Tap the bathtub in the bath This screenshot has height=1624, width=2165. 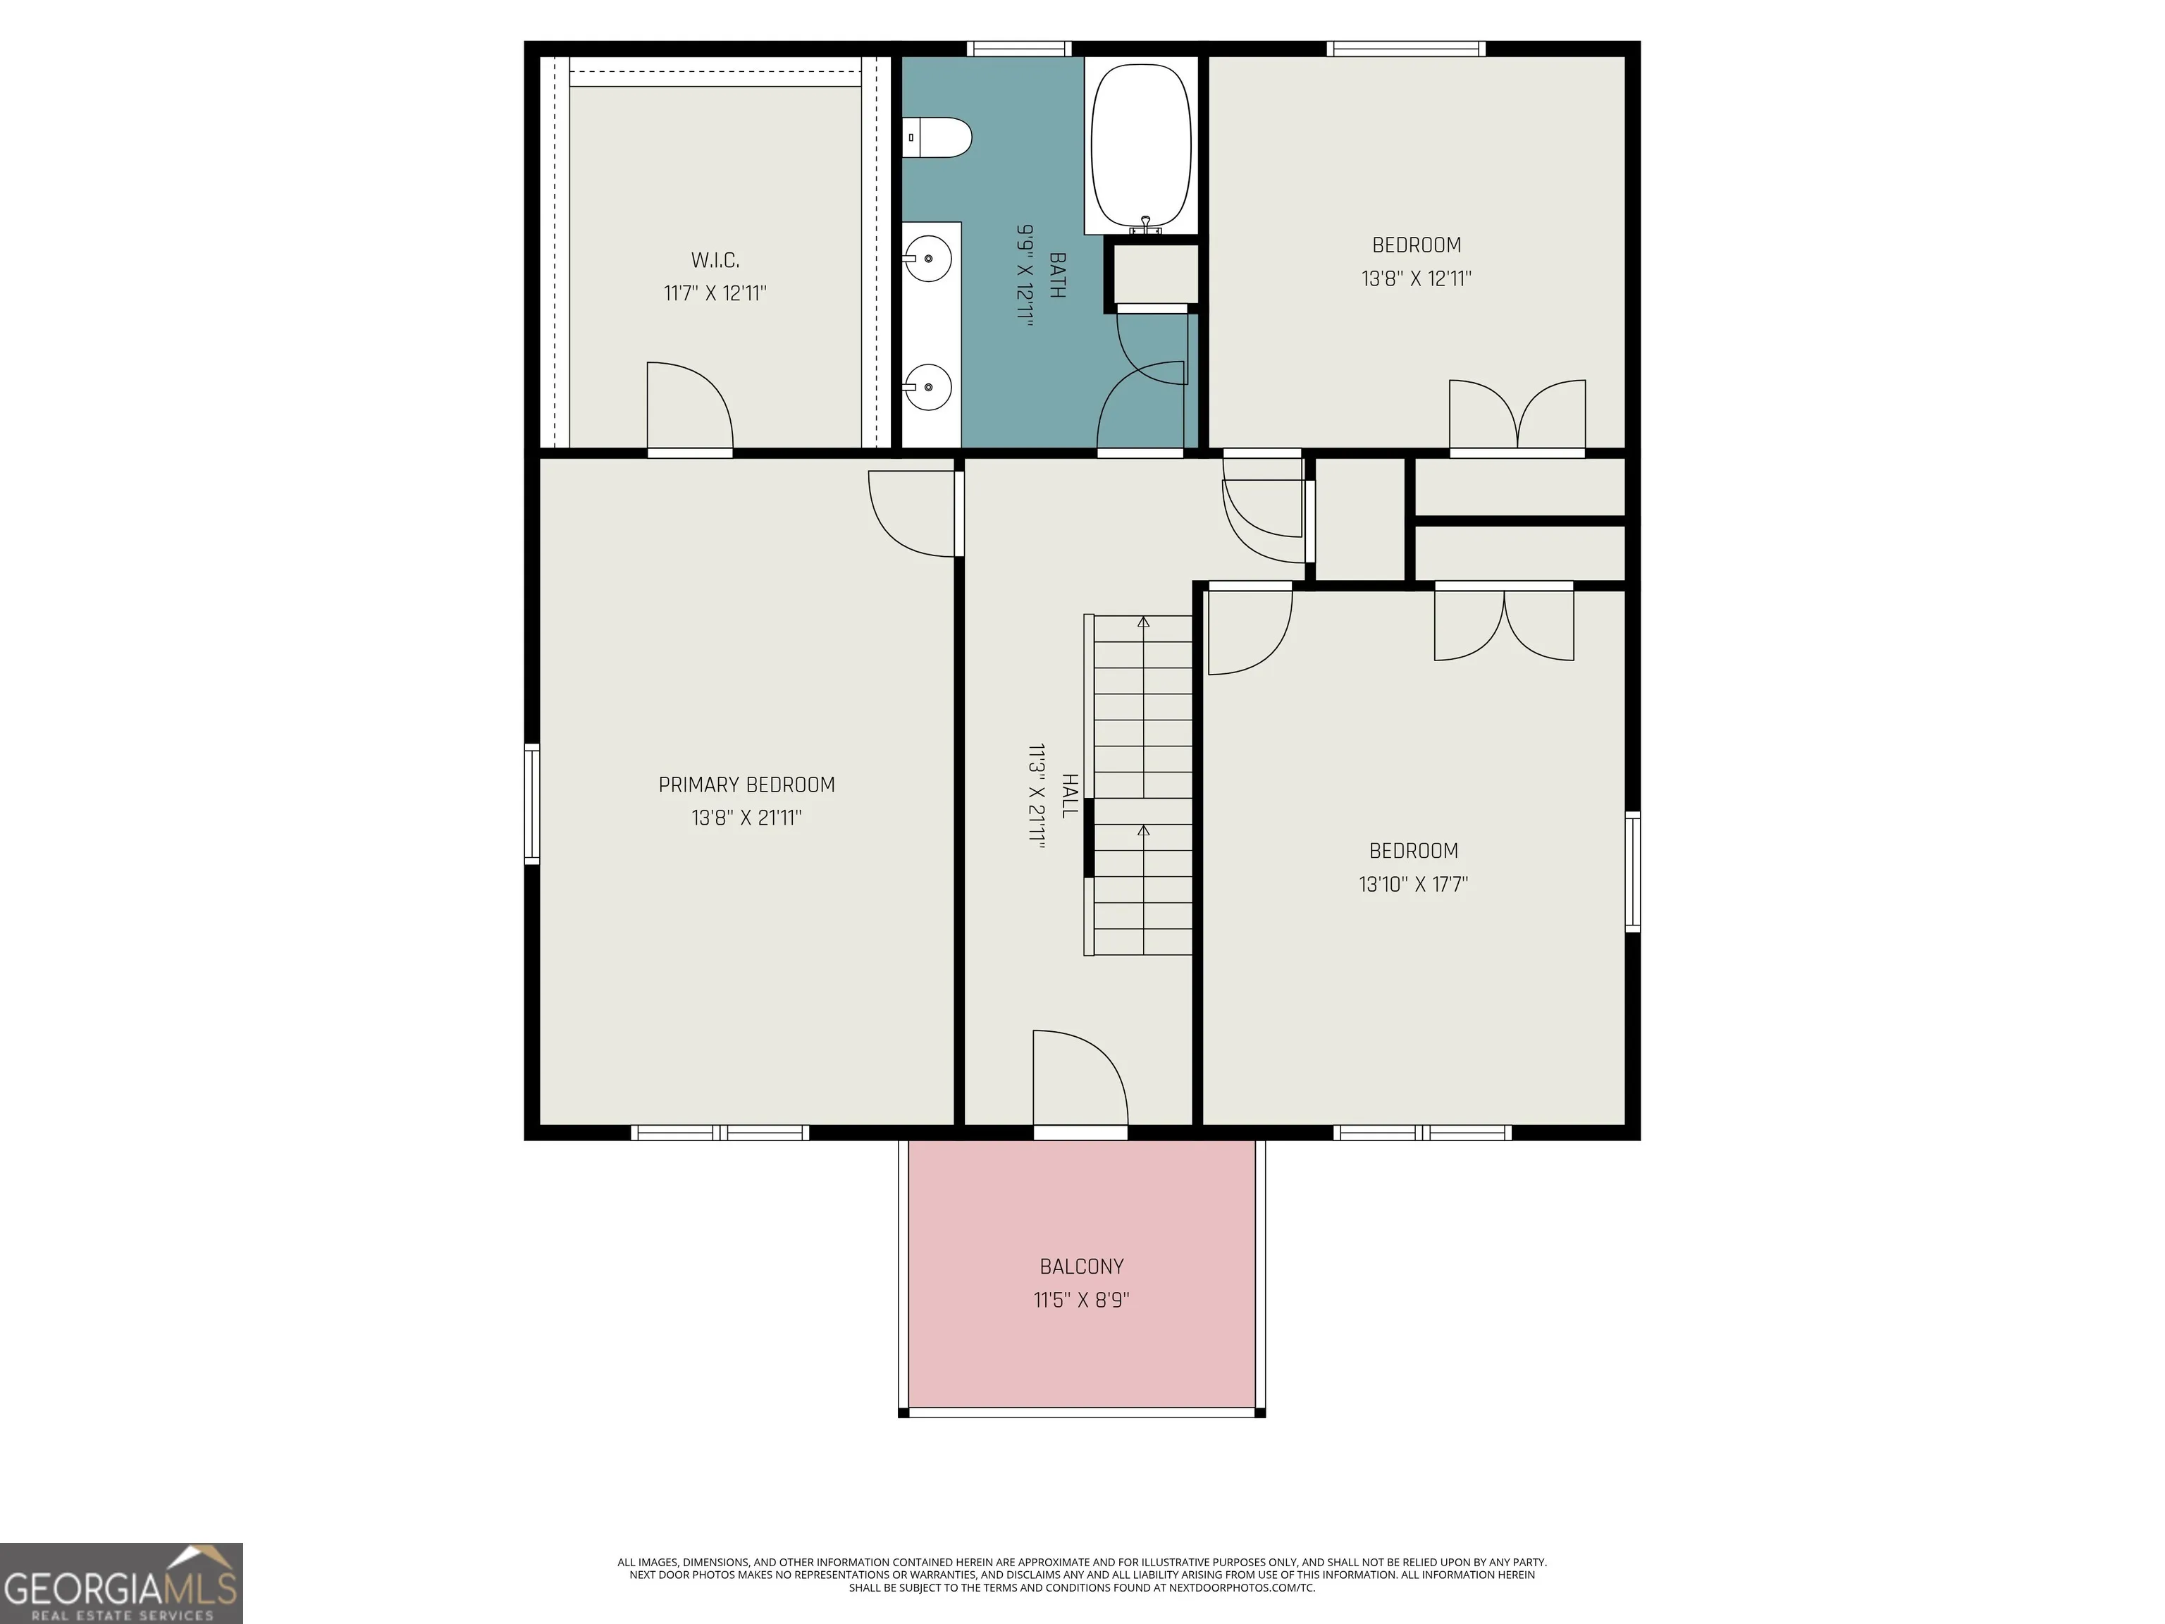(1141, 147)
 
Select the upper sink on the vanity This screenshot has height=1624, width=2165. (927, 259)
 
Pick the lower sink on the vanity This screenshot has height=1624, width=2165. (927, 388)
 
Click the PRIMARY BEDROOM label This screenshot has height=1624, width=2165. (747, 785)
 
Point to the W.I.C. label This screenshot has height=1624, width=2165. (715, 260)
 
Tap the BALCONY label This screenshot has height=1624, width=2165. (1082, 1267)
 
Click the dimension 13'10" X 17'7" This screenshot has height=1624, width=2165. (1413, 885)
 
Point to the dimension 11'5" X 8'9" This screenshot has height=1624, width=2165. (1082, 1300)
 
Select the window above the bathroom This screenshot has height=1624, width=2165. (1019, 49)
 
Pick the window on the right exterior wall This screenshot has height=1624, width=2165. (1632, 871)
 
